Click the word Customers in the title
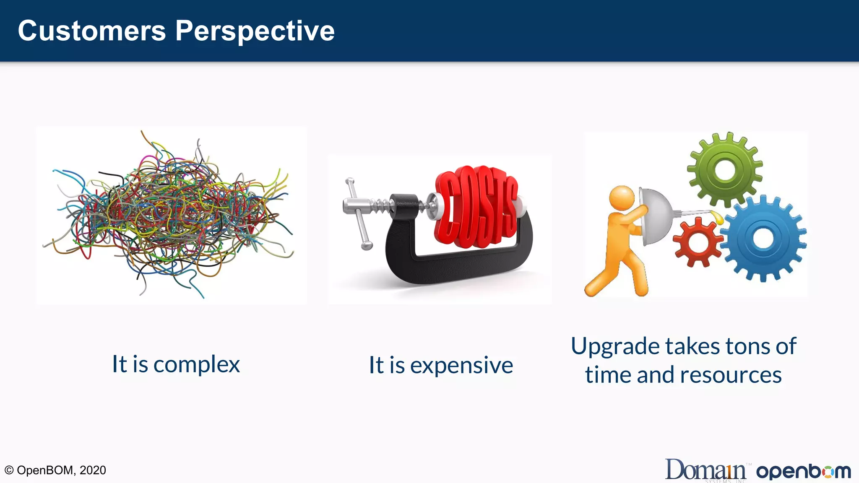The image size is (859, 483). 92,31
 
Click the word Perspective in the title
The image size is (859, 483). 255,31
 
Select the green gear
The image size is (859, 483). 724,170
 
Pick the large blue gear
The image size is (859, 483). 763,238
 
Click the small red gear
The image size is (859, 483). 698,244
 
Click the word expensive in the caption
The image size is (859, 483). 461,366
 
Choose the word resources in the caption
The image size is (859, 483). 739,375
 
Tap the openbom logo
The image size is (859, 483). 803,472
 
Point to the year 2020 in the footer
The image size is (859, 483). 93,470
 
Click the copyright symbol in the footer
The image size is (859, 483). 9,470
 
